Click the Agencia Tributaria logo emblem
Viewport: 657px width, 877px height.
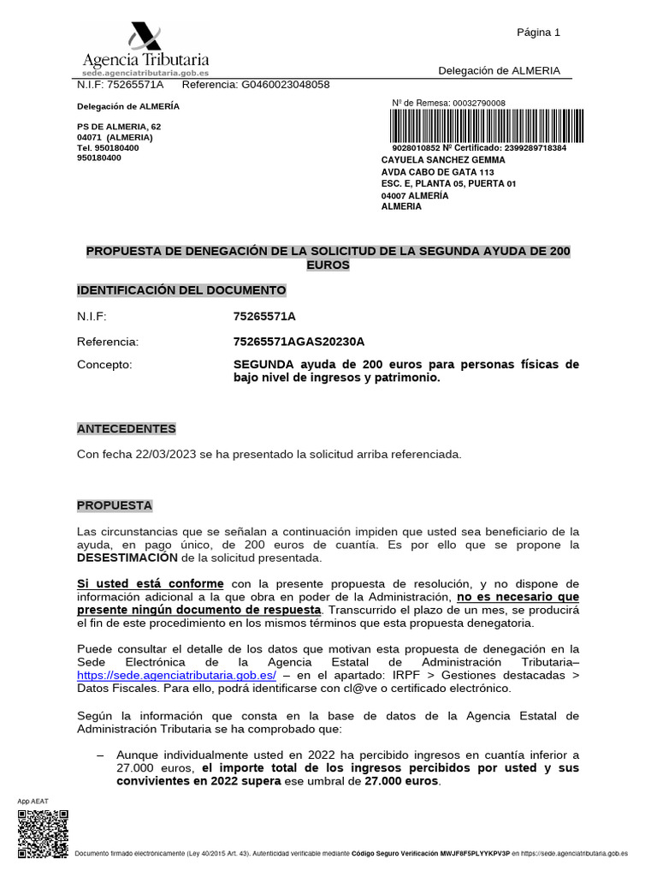click(x=145, y=37)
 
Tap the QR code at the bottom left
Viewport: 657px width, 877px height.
click(x=43, y=833)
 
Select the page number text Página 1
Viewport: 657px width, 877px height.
click(x=538, y=33)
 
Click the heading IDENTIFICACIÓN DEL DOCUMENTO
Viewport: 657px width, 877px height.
click(x=181, y=290)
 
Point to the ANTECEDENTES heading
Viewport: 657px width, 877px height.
click(x=126, y=428)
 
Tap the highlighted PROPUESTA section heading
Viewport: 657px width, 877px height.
click(x=115, y=505)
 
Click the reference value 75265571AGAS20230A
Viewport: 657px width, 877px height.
click(x=299, y=342)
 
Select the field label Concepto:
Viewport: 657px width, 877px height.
click(x=104, y=365)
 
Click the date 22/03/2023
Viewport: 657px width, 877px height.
click(x=168, y=455)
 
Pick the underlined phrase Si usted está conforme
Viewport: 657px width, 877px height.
click(x=151, y=583)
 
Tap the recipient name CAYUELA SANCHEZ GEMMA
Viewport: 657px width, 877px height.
click(x=442, y=160)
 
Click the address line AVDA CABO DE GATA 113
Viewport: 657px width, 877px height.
click(x=437, y=172)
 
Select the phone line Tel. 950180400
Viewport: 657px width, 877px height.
click(x=108, y=147)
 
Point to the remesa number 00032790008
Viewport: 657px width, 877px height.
click(x=479, y=104)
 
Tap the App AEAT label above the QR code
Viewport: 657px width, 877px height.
click(x=33, y=801)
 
